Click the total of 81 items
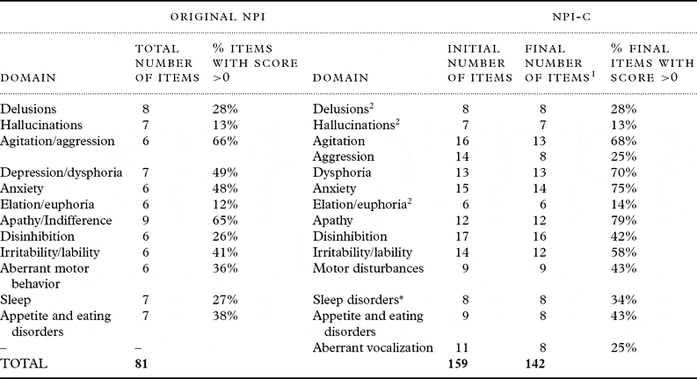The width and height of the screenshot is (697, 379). tap(154, 362)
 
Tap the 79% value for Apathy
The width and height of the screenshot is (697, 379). tap(623, 220)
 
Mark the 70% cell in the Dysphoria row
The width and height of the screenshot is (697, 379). tap(623, 172)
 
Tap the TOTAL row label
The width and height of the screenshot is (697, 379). tap(24, 362)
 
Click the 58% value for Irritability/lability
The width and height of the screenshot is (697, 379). tap(623, 251)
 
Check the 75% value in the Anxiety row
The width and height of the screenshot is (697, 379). tap(623, 188)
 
